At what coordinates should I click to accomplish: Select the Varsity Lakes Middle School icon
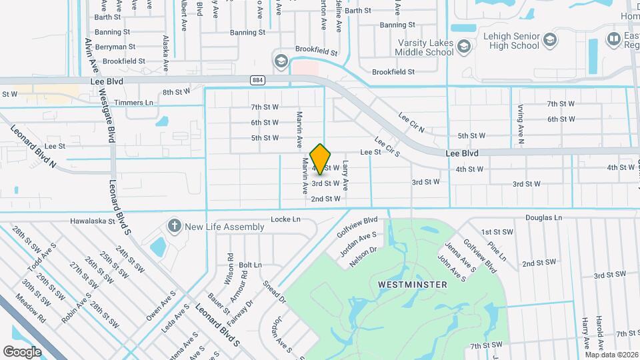tap(464, 46)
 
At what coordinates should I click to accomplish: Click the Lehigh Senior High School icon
tap(550, 39)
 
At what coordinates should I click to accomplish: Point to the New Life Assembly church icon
tap(175, 227)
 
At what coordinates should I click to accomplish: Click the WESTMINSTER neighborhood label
tap(412, 285)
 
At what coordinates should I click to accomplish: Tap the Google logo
tap(22, 351)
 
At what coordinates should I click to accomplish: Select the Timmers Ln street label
tap(134, 103)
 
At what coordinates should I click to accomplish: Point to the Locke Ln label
tap(286, 219)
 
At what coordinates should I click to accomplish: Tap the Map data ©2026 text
tap(611, 354)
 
